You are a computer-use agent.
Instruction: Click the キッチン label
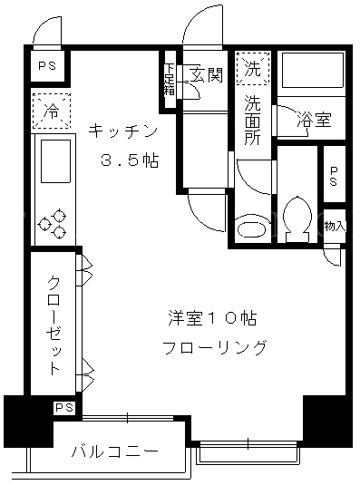pos(122,132)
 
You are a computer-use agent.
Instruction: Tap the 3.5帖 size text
pos(130,160)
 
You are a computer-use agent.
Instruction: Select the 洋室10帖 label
pos(212,318)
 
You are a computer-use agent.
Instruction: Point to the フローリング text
pos(214,347)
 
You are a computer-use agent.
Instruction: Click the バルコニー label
pos(115,451)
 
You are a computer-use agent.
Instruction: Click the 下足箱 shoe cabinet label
pos(170,79)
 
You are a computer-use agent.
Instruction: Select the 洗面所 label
pos(253,120)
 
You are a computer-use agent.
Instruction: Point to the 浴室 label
pos(315,119)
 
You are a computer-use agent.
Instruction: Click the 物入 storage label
pos(335,226)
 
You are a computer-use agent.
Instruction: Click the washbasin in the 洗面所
pos(251,229)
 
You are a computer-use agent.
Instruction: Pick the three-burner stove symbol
pos(53,223)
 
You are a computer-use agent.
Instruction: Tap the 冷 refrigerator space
pos(52,111)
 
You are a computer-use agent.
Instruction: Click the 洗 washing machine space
pos(253,68)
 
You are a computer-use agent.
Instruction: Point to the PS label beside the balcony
pos(64,408)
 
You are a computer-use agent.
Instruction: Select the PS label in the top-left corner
pos(47,65)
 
